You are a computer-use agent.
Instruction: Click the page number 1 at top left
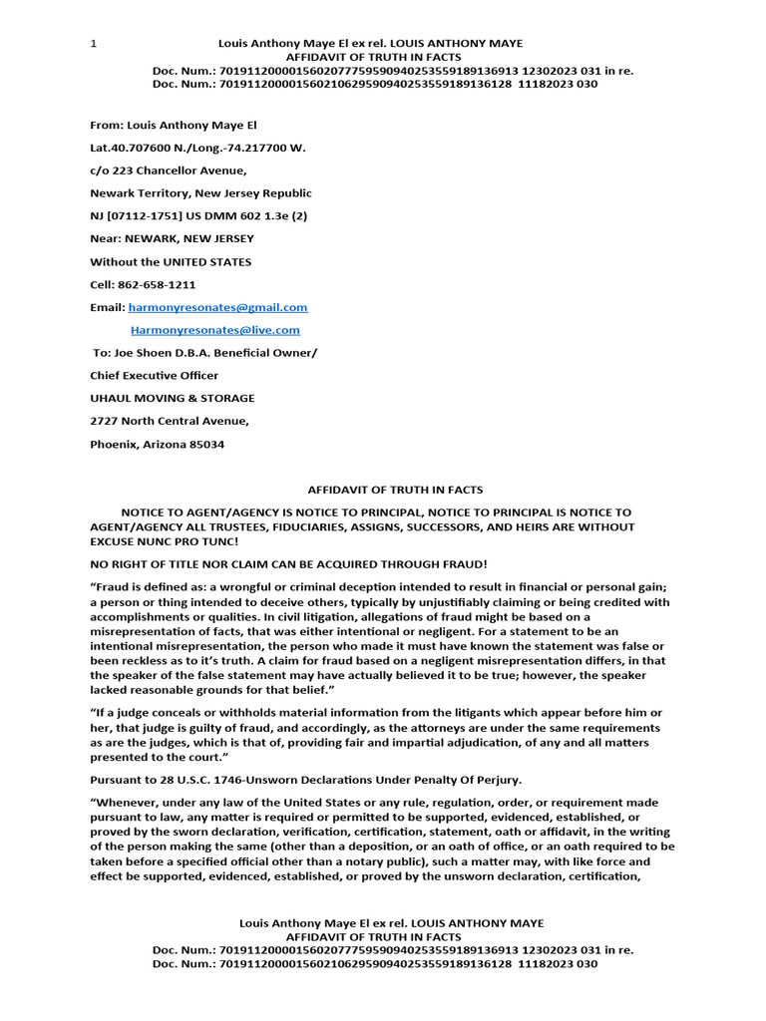click(x=94, y=44)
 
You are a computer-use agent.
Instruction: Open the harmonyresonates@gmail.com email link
click(x=217, y=308)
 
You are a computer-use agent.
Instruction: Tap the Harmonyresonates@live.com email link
click(x=214, y=330)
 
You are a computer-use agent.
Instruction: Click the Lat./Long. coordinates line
click(x=197, y=148)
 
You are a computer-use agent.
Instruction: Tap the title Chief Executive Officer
click(x=154, y=376)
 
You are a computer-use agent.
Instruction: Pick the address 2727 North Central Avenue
click(x=170, y=422)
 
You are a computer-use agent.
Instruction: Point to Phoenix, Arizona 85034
click(x=157, y=445)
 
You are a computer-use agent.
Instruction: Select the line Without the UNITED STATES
click(x=171, y=262)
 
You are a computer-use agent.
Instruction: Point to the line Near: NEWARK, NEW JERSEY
click(x=172, y=239)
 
